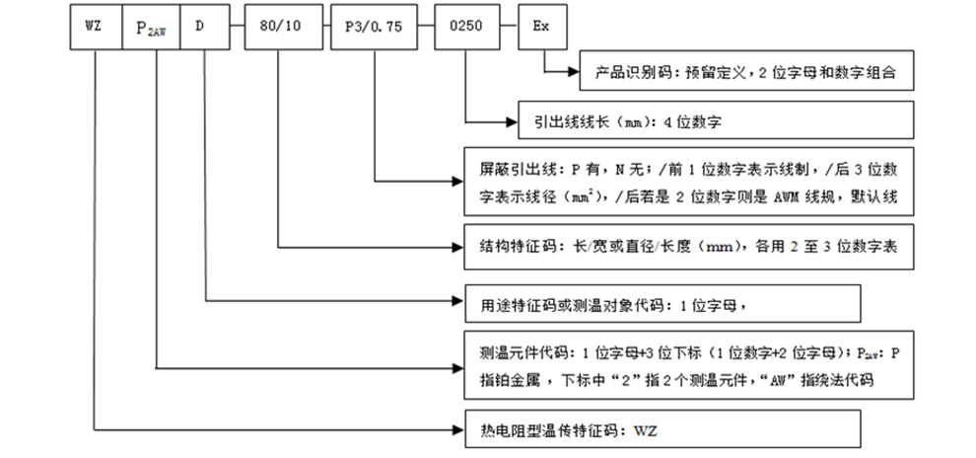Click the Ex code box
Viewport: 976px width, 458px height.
tap(542, 27)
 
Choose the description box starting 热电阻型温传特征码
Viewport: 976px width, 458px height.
tap(662, 429)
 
